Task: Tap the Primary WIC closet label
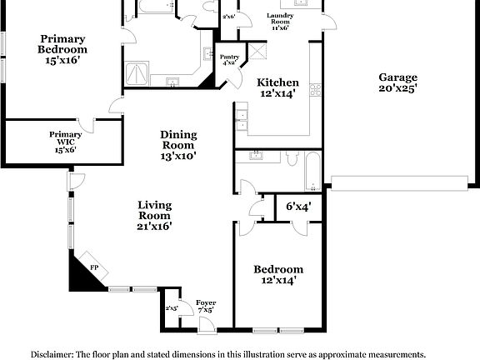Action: (x=65, y=142)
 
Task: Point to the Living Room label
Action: (x=154, y=214)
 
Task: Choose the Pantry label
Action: (x=229, y=59)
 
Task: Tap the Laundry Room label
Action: (x=278, y=21)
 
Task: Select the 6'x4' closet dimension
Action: (x=297, y=207)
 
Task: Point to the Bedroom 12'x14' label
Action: (x=278, y=274)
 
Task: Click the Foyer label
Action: (x=206, y=305)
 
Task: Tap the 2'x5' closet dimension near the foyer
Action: (x=172, y=308)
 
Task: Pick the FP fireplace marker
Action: (x=94, y=267)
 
